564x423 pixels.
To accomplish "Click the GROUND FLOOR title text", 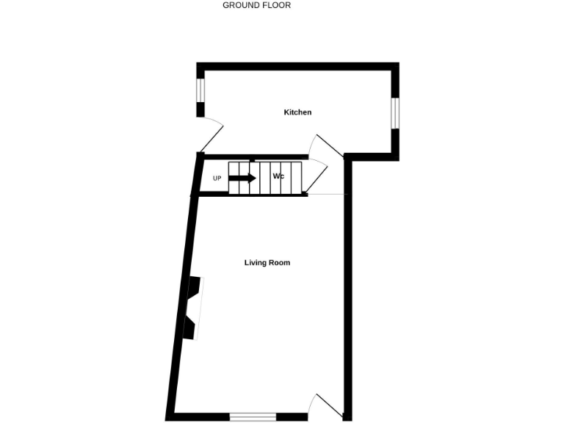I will [x=257, y=5].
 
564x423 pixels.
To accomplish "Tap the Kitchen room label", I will [x=297, y=112].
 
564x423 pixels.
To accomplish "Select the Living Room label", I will [x=267, y=262].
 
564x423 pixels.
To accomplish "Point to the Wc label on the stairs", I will [x=278, y=177].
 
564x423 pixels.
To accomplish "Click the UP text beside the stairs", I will [x=217, y=178].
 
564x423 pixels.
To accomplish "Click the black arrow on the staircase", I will [x=243, y=178].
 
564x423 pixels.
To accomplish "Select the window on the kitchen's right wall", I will [x=395, y=112].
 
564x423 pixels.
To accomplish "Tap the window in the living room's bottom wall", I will [x=253, y=416].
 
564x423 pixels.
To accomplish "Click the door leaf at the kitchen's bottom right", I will [x=328, y=145].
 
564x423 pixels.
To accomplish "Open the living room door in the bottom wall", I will [x=328, y=405].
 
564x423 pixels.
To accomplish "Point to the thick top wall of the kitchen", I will [x=297, y=66].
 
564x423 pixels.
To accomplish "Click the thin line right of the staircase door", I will [x=326, y=195].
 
